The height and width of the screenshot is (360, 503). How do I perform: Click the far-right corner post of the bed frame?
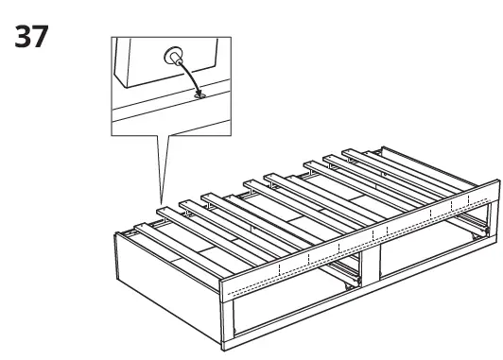[x=494, y=222]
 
